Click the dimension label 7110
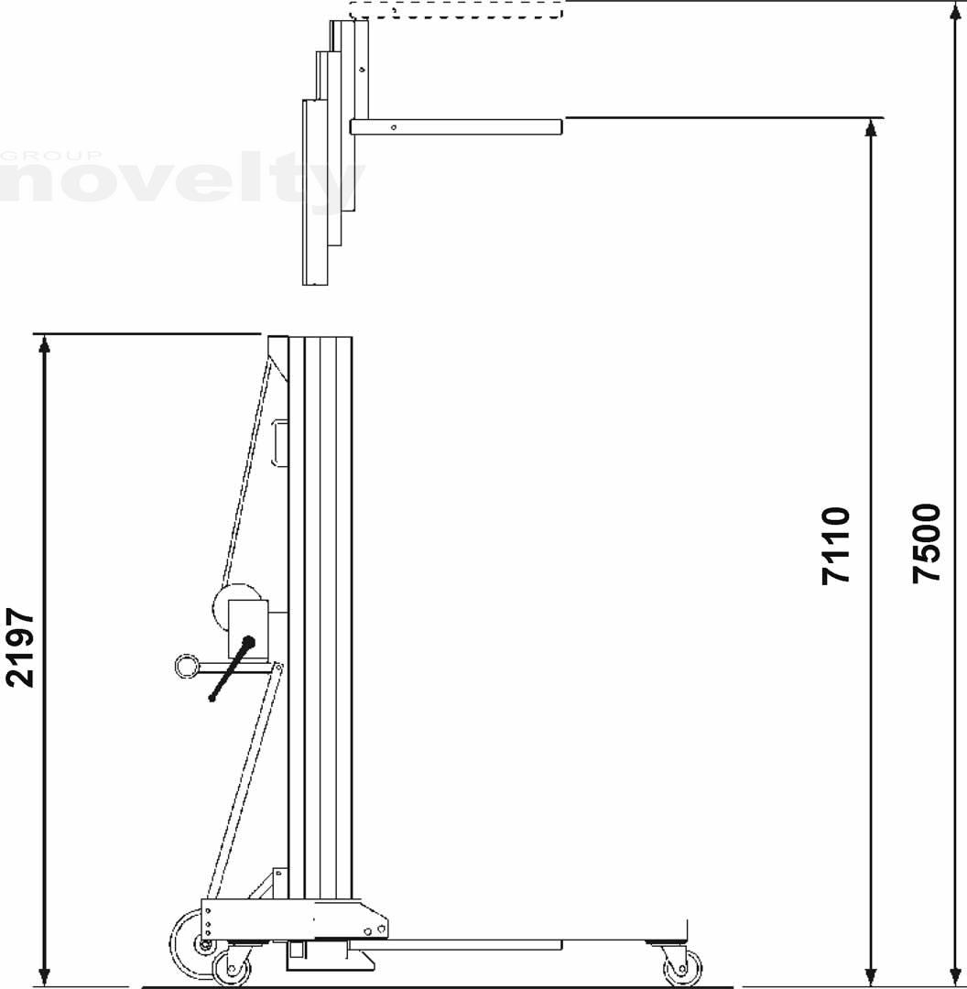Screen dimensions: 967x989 point(836,546)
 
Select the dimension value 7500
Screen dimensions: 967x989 point(927,543)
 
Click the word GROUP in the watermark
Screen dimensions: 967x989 point(50,156)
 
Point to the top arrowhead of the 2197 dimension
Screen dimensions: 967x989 point(44,343)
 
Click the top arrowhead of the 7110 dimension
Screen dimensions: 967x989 point(871,127)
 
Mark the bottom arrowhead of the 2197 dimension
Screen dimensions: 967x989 point(44,977)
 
